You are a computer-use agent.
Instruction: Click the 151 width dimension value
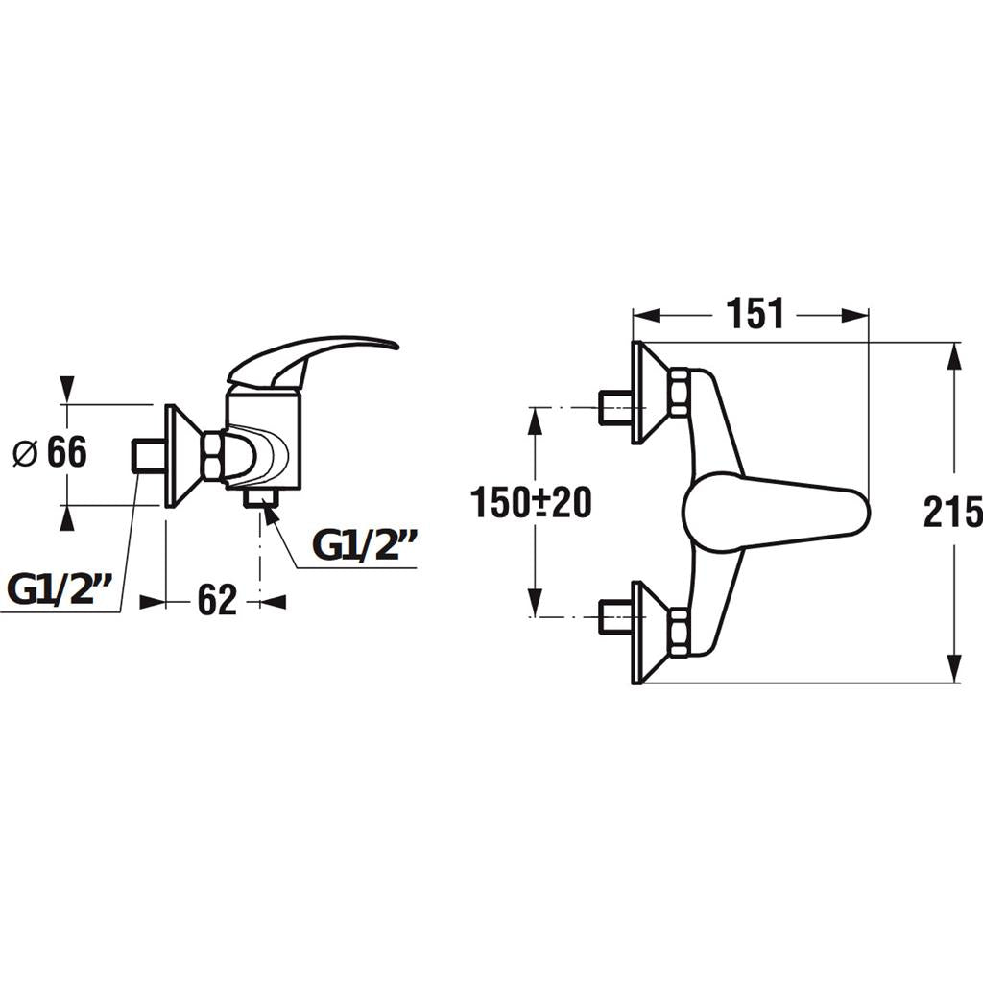(x=755, y=314)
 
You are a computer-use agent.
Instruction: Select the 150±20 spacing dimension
(x=531, y=502)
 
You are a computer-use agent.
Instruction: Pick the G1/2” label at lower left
(x=60, y=590)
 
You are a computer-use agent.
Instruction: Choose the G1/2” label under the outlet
(x=365, y=544)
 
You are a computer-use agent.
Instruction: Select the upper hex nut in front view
(x=679, y=392)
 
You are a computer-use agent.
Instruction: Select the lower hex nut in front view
(x=679, y=633)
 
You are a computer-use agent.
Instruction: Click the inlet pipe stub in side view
(x=148, y=455)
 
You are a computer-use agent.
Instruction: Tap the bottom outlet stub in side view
(x=260, y=497)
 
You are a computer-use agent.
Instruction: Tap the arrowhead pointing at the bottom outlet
(x=271, y=515)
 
